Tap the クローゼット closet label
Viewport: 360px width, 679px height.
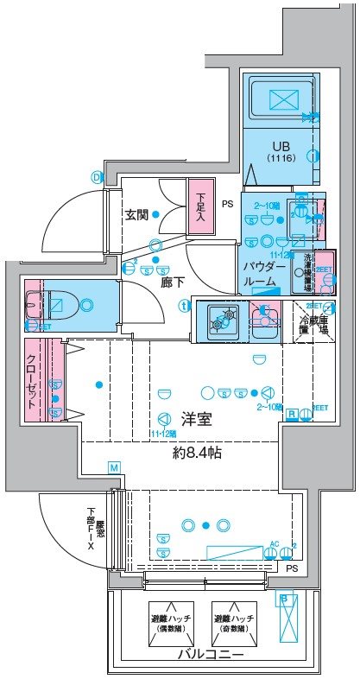31,381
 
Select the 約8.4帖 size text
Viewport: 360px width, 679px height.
197,452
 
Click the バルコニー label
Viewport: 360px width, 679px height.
211,655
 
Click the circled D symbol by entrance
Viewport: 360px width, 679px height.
96,177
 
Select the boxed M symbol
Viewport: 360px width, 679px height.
114,467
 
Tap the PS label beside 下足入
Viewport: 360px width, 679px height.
227,205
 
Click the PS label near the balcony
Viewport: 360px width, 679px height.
292,568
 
